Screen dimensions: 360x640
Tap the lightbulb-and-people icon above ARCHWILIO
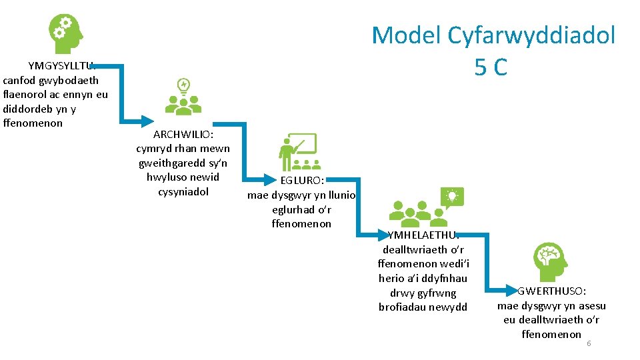pyautogui.click(x=183, y=95)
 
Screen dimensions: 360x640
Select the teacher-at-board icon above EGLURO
pyautogui.click(x=297, y=152)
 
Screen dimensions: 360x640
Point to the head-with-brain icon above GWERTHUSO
pyautogui.click(x=551, y=262)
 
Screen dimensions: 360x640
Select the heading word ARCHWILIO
pyautogui.click(x=183, y=134)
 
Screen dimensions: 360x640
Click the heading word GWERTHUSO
pyautogui.click(x=552, y=291)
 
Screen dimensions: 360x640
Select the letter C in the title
pyautogui.click(x=499, y=67)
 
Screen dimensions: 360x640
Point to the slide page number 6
pyautogui.click(x=589, y=343)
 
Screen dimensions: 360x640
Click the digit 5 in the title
pyautogui.click(x=483, y=67)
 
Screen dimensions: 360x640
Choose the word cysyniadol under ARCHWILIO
pyautogui.click(x=183, y=192)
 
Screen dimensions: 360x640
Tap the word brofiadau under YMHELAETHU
pyautogui.click(x=404, y=307)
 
